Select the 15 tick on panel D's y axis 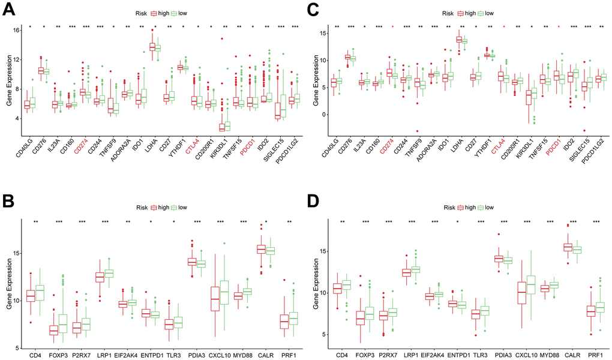pos(321,251)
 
